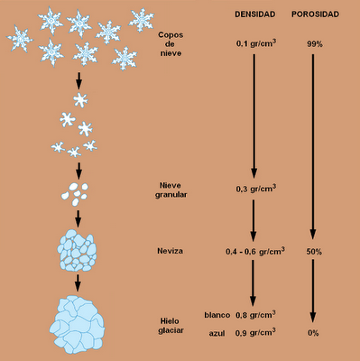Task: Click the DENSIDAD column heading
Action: click(x=254, y=16)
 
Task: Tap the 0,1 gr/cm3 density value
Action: click(x=255, y=42)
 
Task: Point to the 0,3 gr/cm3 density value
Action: click(x=255, y=189)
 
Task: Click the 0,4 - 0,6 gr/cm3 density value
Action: click(x=255, y=252)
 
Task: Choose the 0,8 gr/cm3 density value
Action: click(x=255, y=315)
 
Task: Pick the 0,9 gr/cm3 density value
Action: click(x=255, y=333)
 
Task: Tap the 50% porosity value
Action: click(x=313, y=252)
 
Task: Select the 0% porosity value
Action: click(x=313, y=333)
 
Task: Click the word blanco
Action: click(x=218, y=316)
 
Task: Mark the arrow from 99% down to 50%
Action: click(x=313, y=144)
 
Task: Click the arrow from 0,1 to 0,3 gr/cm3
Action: click(x=255, y=113)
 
